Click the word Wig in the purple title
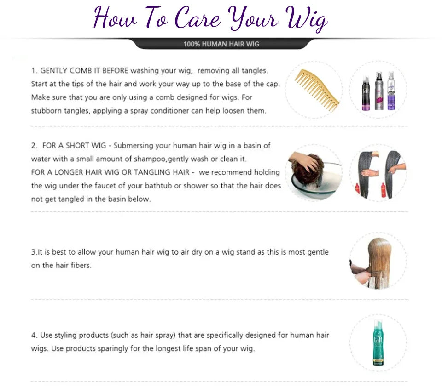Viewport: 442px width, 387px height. (x=306, y=18)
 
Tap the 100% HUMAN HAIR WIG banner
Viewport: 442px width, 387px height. (x=221, y=44)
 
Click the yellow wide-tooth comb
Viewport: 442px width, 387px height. (x=317, y=90)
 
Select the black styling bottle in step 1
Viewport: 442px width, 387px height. (x=366, y=93)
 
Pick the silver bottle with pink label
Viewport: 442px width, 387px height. (x=379, y=91)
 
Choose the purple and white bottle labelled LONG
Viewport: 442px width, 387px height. (x=391, y=91)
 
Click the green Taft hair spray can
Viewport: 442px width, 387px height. (x=378, y=342)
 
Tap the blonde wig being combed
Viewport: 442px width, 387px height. (x=379, y=262)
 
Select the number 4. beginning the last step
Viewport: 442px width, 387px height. (x=34, y=335)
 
